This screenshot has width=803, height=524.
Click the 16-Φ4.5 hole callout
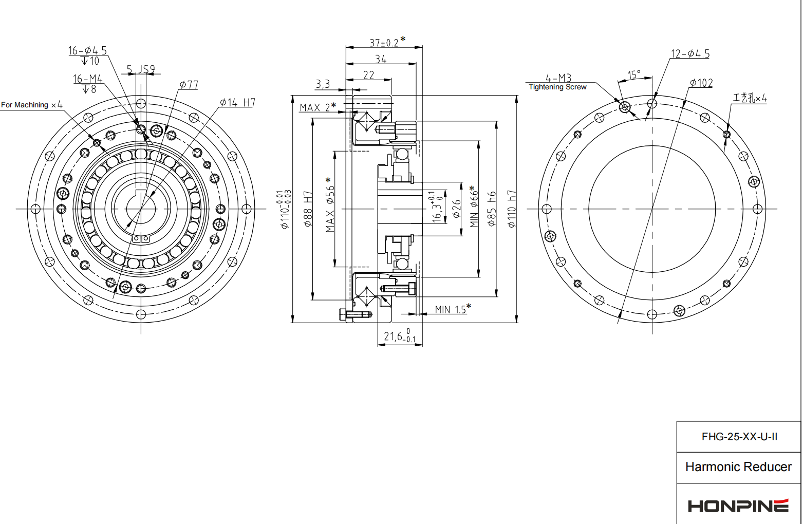(88, 50)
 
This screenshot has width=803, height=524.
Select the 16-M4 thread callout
(88, 79)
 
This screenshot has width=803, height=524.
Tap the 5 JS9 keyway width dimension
(141, 69)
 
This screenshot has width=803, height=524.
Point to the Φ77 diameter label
(189, 85)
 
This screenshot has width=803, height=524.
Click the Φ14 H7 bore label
(237, 102)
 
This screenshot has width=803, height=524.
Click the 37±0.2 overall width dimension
(385, 43)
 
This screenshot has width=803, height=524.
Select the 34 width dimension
(381, 60)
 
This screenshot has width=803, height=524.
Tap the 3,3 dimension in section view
(323, 84)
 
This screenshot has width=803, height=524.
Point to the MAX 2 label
(315, 107)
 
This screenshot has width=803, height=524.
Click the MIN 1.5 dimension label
(451, 309)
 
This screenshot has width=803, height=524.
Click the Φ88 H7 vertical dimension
(308, 209)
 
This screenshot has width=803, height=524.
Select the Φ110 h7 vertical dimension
(512, 209)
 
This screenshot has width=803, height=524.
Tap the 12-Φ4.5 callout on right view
(690, 54)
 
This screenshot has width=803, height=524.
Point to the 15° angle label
(634, 75)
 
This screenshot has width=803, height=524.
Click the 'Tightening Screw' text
(557, 87)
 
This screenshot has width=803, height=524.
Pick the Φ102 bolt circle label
(701, 83)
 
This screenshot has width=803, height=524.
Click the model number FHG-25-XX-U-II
(739, 437)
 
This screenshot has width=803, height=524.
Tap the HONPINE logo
(738, 506)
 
